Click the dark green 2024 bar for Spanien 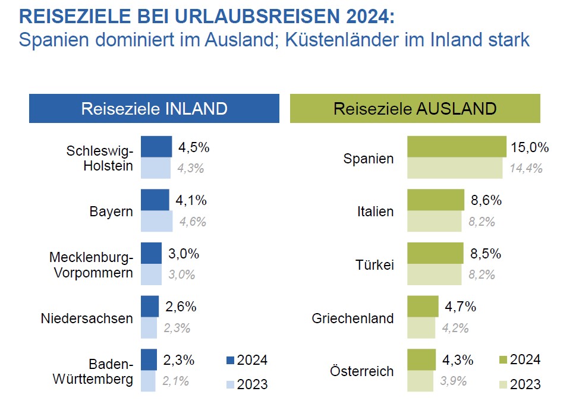(457, 146)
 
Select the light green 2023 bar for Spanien (455, 168)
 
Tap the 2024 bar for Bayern (155, 200)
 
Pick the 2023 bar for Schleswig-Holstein (156, 168)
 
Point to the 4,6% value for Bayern (191, 222)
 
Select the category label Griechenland (353, 318)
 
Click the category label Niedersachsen (87, 318)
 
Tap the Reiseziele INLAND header (154, 109)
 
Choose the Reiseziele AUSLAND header (415, 109)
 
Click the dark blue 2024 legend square (231, 360)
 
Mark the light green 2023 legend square (502, 384)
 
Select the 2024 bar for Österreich (421, 360)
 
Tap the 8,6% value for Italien (486, 201)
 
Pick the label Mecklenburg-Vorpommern (91, 266)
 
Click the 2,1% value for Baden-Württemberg (177, 381)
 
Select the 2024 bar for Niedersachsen (150, 307)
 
